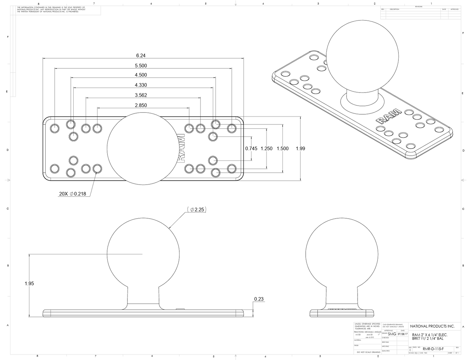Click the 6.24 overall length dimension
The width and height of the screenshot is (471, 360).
[140, 55]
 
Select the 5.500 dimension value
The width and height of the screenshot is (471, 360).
[141, 65]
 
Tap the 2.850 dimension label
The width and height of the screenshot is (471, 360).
[141, 105]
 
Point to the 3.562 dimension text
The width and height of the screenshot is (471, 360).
[141, 95]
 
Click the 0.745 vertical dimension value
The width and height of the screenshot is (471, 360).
[251, 149]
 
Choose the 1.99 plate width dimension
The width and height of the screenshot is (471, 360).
[300, 149]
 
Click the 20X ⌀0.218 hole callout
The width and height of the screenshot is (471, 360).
[72, 194]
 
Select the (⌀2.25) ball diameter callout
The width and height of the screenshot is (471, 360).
[197, 209]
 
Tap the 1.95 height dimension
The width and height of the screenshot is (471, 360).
[29, 283]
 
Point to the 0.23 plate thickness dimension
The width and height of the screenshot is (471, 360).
[259, 299]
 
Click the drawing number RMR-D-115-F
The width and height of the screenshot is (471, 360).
[433, 349]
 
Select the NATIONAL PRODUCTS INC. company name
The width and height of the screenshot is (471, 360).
[432, 326]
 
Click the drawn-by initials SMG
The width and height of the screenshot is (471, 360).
[392, 334]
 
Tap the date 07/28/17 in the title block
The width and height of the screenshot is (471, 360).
[403, 334]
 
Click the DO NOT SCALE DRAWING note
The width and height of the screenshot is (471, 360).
[368, 352]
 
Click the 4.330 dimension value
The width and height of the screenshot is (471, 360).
[141, 85]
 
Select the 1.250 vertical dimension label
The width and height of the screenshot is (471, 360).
[267, 149]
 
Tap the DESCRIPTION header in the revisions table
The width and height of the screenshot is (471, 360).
[394, 9]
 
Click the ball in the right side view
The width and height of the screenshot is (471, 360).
[342, 254]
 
